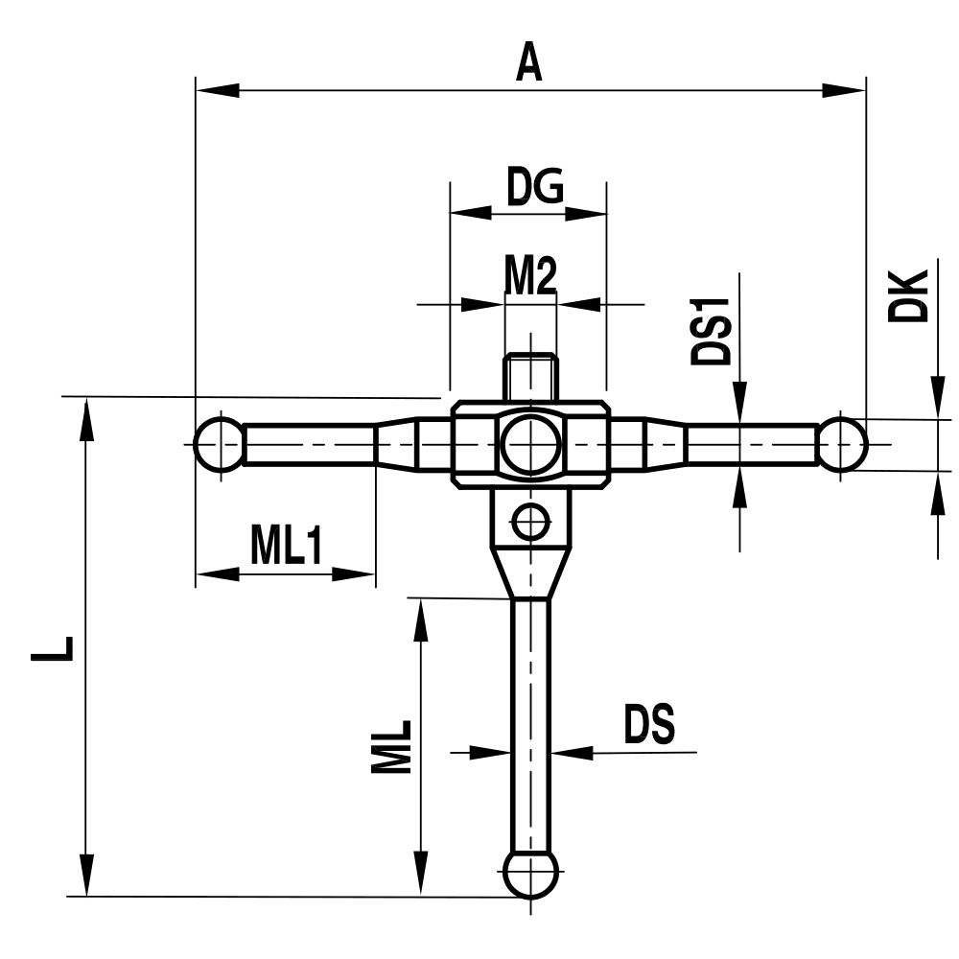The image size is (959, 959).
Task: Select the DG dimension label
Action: click(x=534, y=187)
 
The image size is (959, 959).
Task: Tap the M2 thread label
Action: click(x=530, y=278)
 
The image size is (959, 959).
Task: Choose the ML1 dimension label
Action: click(x=285, y=547)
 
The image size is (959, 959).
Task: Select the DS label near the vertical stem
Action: click(x=649, y=725)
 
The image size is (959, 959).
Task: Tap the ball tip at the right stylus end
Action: click(x=843, y=444)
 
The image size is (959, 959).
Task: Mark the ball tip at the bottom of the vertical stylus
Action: click(x=530, y=874)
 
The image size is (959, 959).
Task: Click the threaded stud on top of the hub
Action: click(x=530, y=376)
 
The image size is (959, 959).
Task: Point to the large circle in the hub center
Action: click(x=530, y=444)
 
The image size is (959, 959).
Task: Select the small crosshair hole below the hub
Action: click(x=529, y=523)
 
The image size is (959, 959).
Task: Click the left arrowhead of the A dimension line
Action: click(x=217, y=91)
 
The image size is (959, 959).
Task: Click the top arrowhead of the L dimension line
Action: click(x=87, y=420)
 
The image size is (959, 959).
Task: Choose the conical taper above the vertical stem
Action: click(x=530, y=572)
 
